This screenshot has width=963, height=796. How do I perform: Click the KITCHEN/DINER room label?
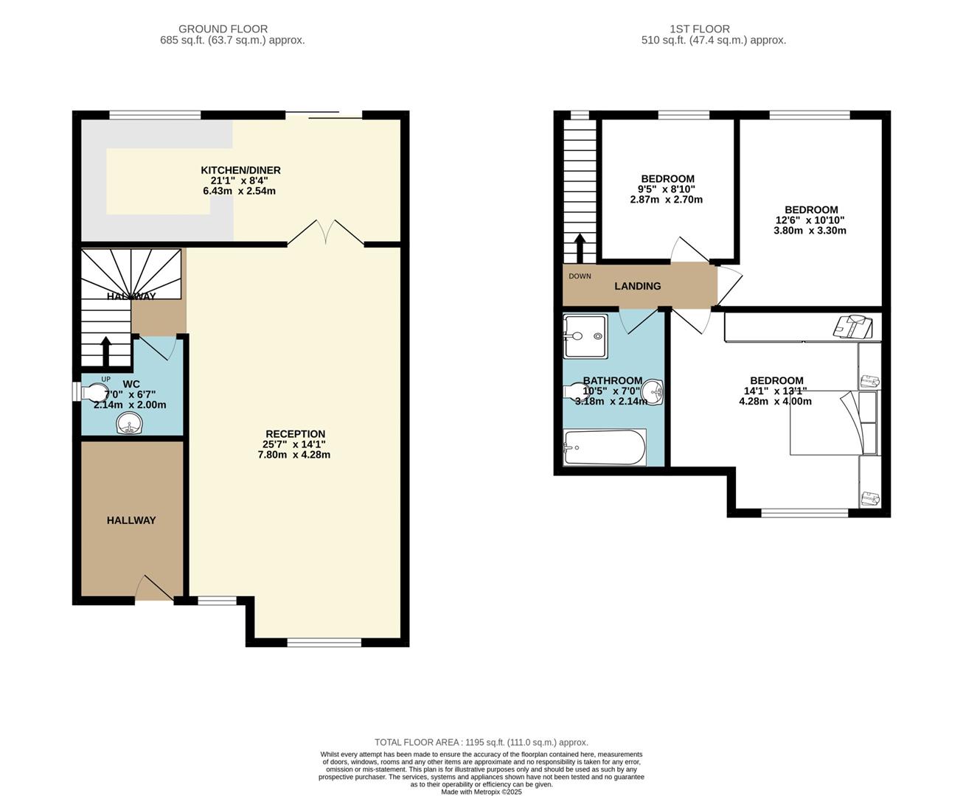tap(240, 170)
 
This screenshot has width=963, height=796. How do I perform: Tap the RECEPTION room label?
tap(295, 434)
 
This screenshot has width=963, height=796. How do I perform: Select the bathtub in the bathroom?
tap(604, 447)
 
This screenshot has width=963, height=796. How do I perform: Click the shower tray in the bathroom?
tap(585, 337)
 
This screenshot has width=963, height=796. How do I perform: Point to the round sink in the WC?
tap(131, 423)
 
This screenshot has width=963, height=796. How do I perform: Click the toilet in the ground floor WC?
tap(92, 391)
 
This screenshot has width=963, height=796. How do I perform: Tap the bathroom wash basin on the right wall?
tap(653, 391)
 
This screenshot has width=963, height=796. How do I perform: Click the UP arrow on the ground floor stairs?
tap(106, 351)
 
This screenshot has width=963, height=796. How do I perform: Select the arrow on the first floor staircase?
tap(580, 248)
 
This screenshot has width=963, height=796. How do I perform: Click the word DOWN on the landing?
tap(580, 276)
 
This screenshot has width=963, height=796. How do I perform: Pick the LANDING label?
tap(638, 286)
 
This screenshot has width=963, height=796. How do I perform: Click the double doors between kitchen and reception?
tap(326, 232)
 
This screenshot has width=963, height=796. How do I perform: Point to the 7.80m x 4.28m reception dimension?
tap(296, 455)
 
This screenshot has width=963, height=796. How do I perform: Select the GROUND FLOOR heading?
tap(223, 29)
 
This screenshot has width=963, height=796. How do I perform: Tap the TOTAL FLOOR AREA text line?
tap(481, 742)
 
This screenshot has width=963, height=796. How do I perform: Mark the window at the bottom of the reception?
tap(324, 643)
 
